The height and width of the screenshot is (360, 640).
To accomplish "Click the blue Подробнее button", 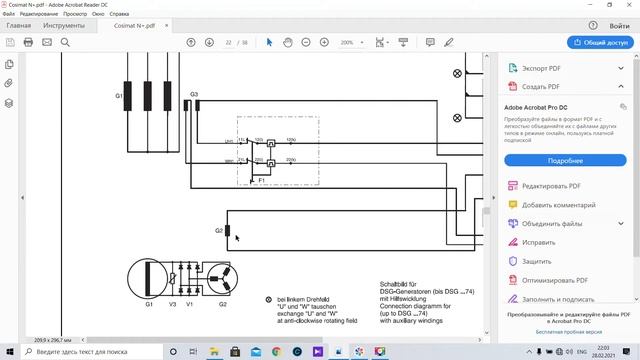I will [x=565, y=160].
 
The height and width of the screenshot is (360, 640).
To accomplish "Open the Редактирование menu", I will [x=38, y=14].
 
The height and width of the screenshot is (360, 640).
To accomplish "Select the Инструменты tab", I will [x=64, y=25].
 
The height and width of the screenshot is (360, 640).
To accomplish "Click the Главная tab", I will [x=18, y=25].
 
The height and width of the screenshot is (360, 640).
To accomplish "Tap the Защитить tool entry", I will [x=538, y=261].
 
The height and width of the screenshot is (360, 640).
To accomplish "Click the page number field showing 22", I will [x=229, y=42].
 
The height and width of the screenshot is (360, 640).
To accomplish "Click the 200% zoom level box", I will [x=350, y=42].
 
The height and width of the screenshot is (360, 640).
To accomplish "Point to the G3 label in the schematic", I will [x=194, y=94].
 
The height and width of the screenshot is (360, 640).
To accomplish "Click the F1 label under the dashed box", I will [x=262, y=179].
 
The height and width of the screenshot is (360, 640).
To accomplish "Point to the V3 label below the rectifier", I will [x=173, y=303].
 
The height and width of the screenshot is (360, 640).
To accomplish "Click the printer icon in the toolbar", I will [x=28, y=42].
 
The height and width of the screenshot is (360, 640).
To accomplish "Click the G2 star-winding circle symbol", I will [x=222, y=277].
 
